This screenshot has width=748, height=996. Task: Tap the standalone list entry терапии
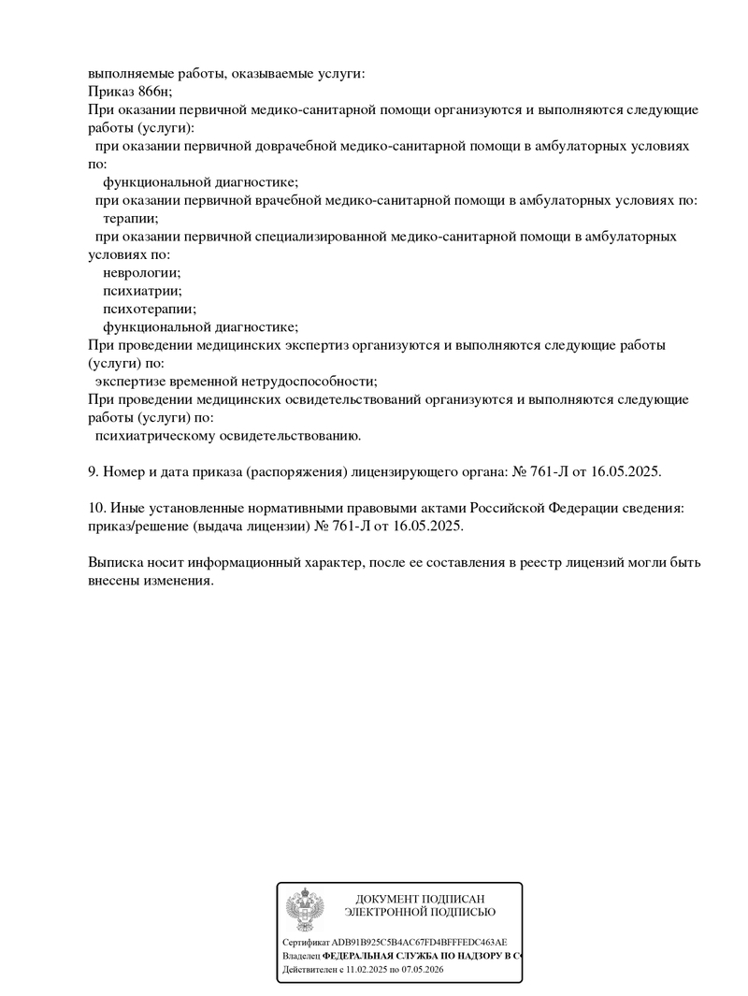(x=131, y=218)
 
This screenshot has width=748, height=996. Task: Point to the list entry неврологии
(x=141, y=272)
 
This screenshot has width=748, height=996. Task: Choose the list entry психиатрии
(x=142, y=290)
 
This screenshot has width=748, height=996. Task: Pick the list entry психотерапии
(x=150, y=308)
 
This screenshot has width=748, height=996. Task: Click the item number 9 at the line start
(x=92, y=471)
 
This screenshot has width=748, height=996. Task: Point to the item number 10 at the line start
(x=95, y=508)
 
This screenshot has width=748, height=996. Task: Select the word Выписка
(x=114, y=563)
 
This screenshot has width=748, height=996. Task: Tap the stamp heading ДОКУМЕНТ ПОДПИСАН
(x=420, y=899)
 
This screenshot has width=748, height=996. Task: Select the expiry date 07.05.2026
(x=422, y=971)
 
